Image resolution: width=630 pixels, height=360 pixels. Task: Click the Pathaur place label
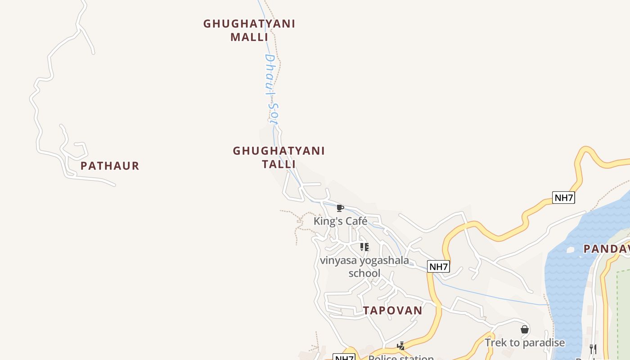pyautogui.click(x=110, y=166)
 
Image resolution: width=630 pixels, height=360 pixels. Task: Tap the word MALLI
pyautogui.click(x=249, y=37)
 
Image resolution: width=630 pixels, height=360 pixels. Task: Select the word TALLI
pyautogui.click(x=279, y=164)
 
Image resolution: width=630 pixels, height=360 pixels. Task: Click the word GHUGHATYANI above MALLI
pyautogui.click(x=249, y=24)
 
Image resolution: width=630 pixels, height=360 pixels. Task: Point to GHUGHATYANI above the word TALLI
pyautogui.click(x=279, y=151)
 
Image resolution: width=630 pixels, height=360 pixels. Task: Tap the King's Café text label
pyautogui.click(x=340, y=221)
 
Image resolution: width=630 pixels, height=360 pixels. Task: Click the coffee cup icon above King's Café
pyautogui.click(x=340, y=208)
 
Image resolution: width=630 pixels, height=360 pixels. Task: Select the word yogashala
pyautogui.click(x=381, y=260)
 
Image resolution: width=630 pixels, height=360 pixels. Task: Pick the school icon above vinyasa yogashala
pyautogui.click(x=364, y=247)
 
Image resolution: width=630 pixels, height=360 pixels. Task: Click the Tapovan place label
pyautogui.click(x=393, y=310)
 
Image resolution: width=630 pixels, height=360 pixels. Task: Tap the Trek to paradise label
pyautogui.click(x=525, y=343)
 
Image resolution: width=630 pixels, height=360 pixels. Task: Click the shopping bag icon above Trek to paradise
pyautogui.click(x=525, y=330)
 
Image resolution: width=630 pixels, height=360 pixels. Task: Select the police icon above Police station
pyautogui.click(x=401, y=346)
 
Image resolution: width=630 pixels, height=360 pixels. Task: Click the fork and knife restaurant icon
pyautogui.click(x=593, y=349)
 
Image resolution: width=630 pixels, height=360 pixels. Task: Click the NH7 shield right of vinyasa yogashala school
pyautogui.click(x=438, y=266)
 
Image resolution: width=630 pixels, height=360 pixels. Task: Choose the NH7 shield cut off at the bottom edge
pyautogui.click(x=344, y=357)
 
